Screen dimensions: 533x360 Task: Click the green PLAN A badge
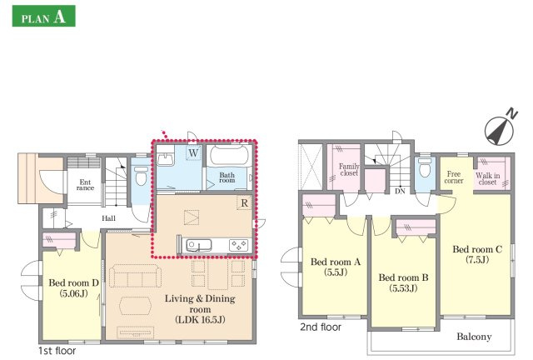[x=43, y=16]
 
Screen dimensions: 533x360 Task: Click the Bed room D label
[x=73, y=287]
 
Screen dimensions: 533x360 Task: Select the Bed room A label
[x=336, y=267]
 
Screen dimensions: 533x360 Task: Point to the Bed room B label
[x=403, y=282]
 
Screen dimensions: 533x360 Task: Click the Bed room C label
[x=477, y=254]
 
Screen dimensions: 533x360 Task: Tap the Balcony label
[x=474, y=337]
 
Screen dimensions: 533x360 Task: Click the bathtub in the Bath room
[x=229, y=156]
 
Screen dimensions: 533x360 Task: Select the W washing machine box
[x=193, y=152]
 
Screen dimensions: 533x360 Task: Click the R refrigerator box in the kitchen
[x=244, y=203]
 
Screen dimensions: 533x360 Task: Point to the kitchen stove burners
[x=239, y=245]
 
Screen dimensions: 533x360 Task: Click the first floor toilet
[x=141, y=175]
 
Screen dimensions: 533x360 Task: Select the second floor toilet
[x=425, y=167]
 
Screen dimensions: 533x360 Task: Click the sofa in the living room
[x=136, y=276]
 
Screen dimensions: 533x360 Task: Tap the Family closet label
[x=349, y=169]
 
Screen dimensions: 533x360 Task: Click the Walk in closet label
[x=487, y=179]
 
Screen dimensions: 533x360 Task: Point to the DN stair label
[x=400, y=191]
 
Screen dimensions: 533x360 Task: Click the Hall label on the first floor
[x=109, y=218]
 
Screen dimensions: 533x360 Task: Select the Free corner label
[x=454, y=177]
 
